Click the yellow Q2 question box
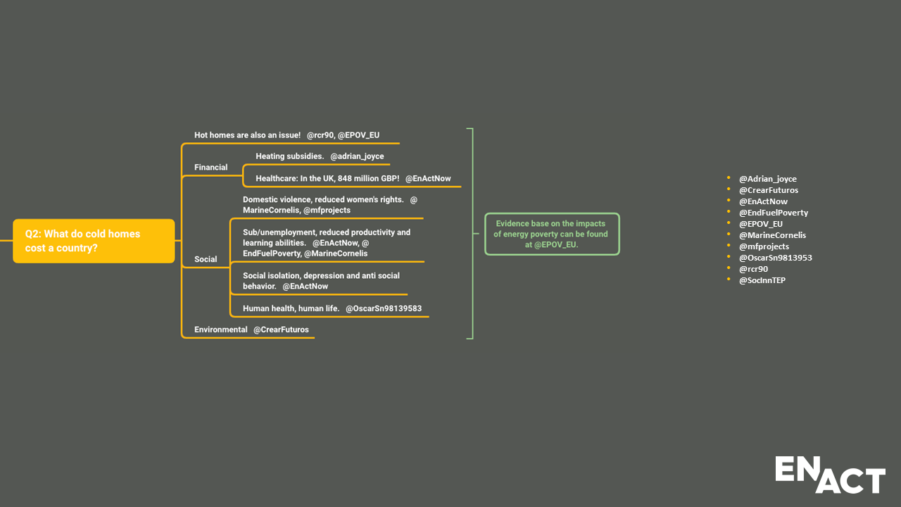coord(94,241)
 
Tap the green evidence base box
coord(552,234)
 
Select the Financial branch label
coord(210,168)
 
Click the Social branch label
coord(206,259)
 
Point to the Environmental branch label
coord(220,330)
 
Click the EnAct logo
coord(830,475)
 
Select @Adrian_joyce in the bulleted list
coord(767,179)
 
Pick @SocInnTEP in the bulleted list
coord(762,280)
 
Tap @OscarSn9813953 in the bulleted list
coord(775,258)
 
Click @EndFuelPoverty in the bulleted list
coord(773,213)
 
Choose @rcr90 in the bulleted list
coord(753,269)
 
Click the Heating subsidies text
coord(289,156)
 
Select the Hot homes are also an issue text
coord(247,135)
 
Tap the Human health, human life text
coord(291,308)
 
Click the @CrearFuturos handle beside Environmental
coord(281,330)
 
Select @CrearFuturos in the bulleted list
coord(768,190)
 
